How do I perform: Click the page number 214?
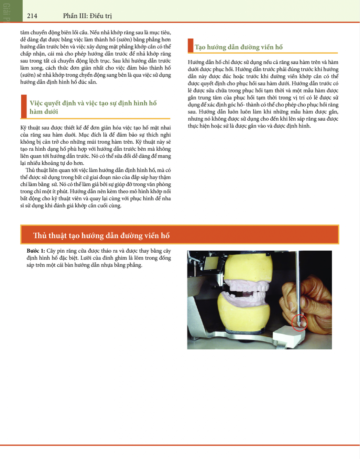pyautogui.click(x=32, y=16)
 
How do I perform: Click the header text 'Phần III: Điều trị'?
pyautogui.click(x=87, y=16)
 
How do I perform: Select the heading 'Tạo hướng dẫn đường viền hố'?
pyautogui.click(x=238, y=47)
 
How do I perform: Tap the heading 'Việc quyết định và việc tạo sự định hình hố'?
pyautogui.click(x=93, y=103)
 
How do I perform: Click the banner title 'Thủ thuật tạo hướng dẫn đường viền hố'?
pyautogui.click(x=101, y=235)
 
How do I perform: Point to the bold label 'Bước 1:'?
pyautogui.click(x=36, y=251)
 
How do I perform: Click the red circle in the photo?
pyautogui.click(x=299, y=323)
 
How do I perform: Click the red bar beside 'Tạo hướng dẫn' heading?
pyautogui.click(x=191, y=46)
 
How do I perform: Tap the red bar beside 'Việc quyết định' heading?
pyautogui.click(x=24, y=106)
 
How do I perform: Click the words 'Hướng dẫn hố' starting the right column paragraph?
pyautogui.click(x=202, y=62)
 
